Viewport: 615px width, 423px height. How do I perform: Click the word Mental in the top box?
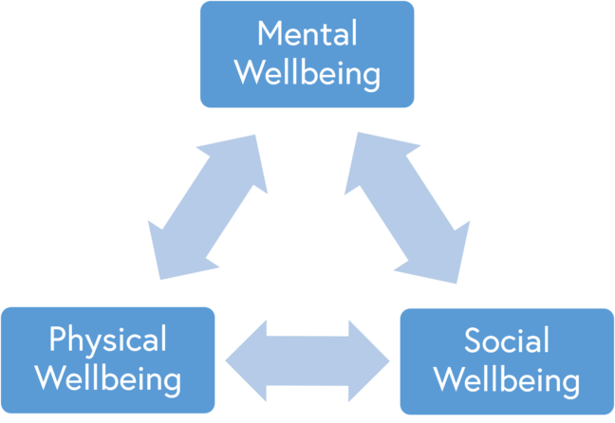point(307,34)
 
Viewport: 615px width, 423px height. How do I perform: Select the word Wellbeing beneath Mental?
point(307,73)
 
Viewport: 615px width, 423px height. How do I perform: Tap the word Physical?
point(107,340)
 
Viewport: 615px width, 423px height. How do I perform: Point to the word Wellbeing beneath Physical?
point(107,378)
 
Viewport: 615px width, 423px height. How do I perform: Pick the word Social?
point(506,340)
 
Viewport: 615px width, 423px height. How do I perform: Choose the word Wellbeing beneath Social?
point(506,379)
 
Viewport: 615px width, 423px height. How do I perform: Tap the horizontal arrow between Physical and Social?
point(307,360)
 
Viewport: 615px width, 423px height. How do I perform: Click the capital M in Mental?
point(270,34)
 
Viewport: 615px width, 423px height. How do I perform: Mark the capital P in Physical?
point(57,340)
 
